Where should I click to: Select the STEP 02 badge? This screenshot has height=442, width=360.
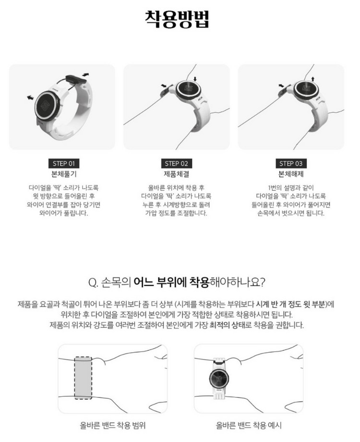point(179,163)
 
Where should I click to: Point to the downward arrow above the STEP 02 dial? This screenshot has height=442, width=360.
point(195,78)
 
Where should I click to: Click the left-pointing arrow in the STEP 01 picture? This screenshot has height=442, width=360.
point(31,98)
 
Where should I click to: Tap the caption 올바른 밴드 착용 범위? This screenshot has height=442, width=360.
point(113,426)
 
